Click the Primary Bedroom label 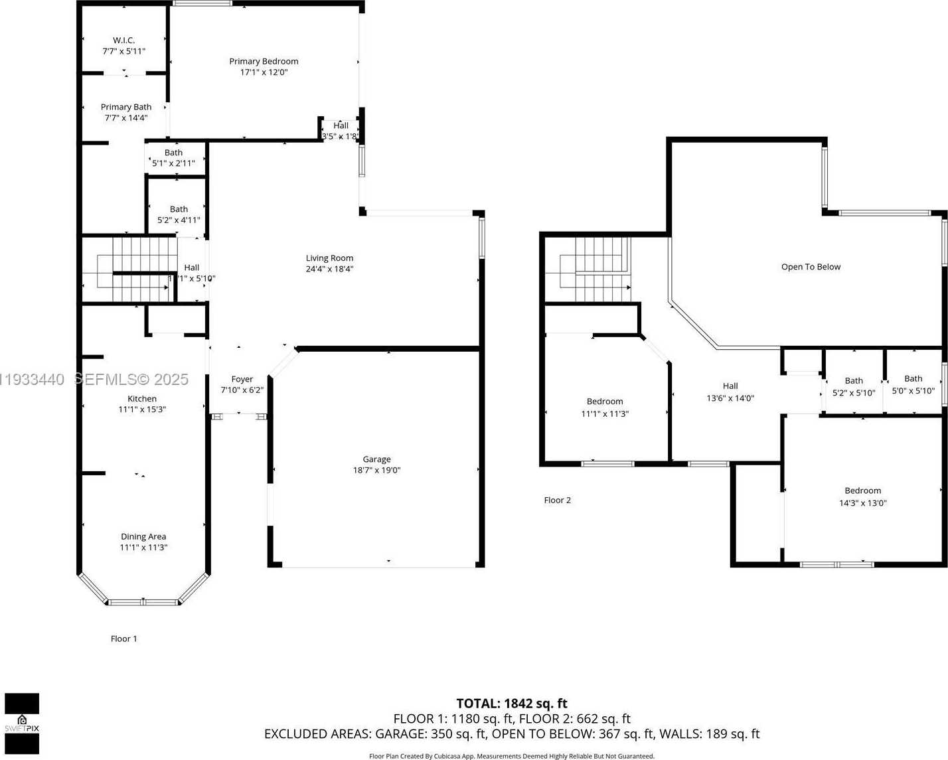tap(264, 61)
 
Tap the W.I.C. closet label tap(123, 40)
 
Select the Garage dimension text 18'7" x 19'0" tap(376, 471)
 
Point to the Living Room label tap(329, 258)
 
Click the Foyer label tap(242, 379)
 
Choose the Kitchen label tap(142, 399)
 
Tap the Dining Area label tap(143, 537)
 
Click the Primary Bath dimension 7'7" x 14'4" tap(125, 118)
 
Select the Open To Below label tap(811, 267)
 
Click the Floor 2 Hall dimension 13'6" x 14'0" tap(730, 398)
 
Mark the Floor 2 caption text tap(557, 500)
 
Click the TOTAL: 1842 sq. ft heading tap(511, 704)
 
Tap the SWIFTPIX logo tap(22, 723)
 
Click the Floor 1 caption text tap(123, 639)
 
